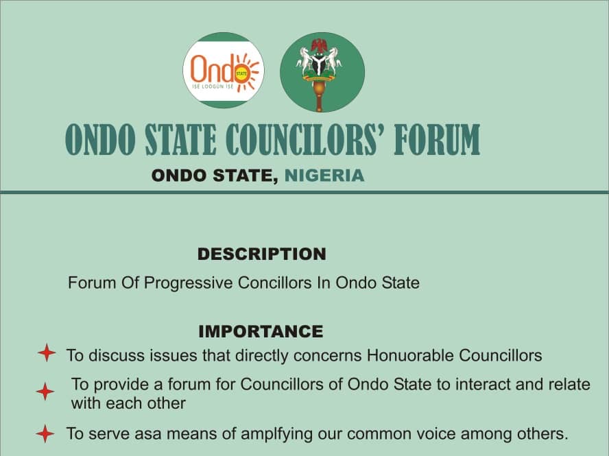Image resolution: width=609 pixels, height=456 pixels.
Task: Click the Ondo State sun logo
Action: (x=224, y=71)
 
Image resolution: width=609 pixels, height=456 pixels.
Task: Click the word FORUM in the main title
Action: (x=437, y=140)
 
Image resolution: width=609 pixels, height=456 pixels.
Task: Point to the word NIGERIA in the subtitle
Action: (x=324, y=176)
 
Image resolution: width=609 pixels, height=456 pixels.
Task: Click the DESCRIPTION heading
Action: (x=262, y=254)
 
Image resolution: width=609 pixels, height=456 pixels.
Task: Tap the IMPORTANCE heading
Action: (x=261, y=331)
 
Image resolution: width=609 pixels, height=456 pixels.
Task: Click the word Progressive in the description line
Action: (x=189, y=283)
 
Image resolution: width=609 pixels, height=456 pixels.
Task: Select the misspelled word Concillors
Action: (x=274, y=283)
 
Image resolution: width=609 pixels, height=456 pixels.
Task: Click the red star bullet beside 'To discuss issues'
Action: (x=47, y=352)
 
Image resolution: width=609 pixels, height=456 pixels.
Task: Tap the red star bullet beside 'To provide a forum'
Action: (x=45, y=391)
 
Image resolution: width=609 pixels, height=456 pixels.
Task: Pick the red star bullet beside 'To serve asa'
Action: (x=45, y=433)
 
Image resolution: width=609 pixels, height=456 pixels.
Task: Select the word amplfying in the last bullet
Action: (x=276, y=434)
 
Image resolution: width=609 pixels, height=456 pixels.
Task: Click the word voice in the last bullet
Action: (x=437, y=433)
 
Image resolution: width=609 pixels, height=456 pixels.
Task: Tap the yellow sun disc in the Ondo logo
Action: (x=241, y=73)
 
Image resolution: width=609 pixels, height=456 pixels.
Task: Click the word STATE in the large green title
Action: (x=180, y=140)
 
